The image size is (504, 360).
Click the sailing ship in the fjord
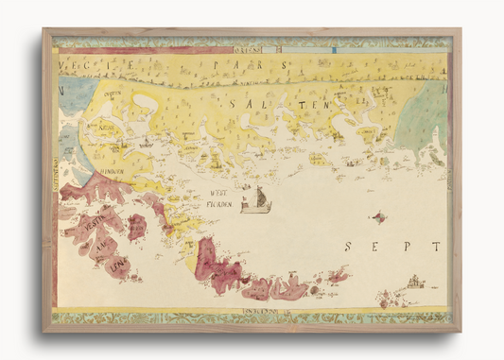[x=255, y=200]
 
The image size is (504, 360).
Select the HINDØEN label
[x=113, y=172]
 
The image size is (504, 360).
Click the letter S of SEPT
[x=349, y=247]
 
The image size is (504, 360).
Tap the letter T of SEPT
[x=435, y=247]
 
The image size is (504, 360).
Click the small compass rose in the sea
[x=379, y=217]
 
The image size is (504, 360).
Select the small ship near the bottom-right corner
[x=415, y=282]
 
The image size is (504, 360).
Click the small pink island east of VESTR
[x=137, y=226]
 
